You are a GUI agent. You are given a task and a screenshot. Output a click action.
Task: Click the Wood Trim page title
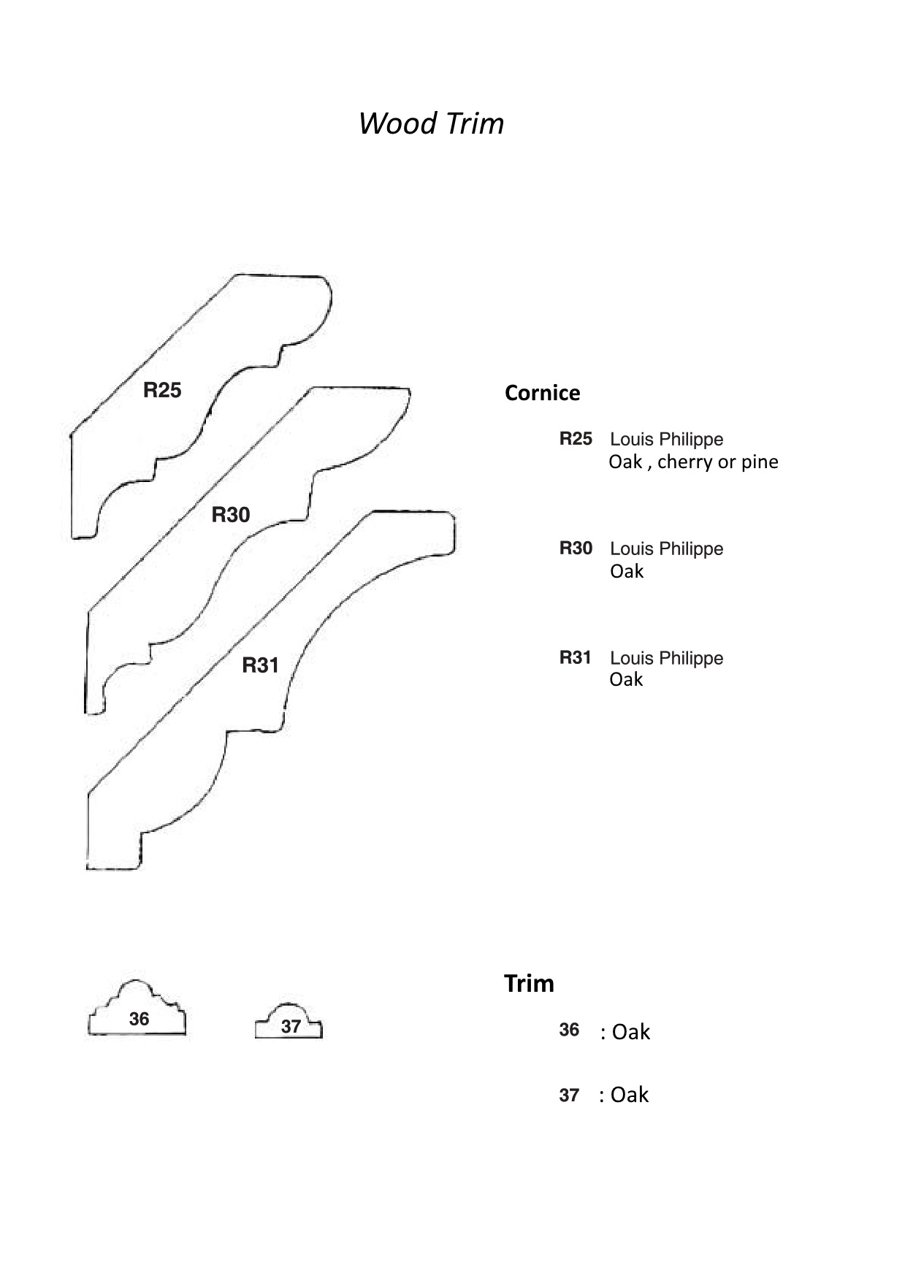click(431, 123)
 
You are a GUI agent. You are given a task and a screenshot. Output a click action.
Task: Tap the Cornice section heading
click(542, 393)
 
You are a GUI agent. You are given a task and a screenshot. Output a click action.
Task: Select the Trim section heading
click(529, 984)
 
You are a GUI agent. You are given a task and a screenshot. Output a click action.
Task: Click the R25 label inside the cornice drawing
click(162, 390)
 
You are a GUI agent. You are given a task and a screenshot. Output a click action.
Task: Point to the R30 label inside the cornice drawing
click(231, 515)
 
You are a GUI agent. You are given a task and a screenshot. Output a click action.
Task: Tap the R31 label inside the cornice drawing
click(261, 665)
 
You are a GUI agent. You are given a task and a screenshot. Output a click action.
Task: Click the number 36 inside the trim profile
click(139, 1019)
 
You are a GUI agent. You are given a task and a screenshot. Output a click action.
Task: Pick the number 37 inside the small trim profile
click(291, 1026)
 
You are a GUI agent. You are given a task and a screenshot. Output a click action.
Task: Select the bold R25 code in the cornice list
click(576, 438)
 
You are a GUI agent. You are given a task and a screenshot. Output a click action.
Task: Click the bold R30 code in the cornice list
click(576, 548)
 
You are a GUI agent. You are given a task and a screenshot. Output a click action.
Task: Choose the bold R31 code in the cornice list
click(575, 657)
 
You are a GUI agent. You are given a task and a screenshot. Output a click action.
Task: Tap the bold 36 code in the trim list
click(569, 1030)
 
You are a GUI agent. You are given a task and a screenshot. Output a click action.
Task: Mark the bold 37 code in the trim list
click(569, 1095)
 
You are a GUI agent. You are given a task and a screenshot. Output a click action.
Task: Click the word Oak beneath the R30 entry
click(627, 571)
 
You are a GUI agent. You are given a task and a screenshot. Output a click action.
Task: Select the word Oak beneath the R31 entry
click(626, 679)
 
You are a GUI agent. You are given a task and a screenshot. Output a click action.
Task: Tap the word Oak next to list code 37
click(630, 1095)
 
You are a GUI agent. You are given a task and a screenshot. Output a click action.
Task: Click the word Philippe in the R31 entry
click(690, 658)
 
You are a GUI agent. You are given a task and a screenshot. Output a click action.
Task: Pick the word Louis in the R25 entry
click(632, 439)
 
